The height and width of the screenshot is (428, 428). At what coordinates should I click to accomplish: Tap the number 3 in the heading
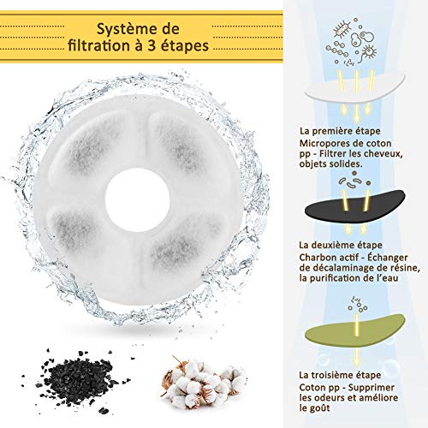tap(152, 46)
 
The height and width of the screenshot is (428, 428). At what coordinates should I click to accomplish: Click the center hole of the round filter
tap(137, 199)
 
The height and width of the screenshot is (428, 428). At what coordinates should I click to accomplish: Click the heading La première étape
tap(340, 131)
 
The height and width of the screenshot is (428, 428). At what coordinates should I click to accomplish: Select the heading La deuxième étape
tap(341, 245)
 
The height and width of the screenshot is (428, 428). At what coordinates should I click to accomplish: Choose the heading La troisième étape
tap(340, 375)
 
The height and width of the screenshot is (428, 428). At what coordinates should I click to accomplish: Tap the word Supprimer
tap(372, 388)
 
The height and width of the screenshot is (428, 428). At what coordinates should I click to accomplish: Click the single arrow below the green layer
tap(356, 357)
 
